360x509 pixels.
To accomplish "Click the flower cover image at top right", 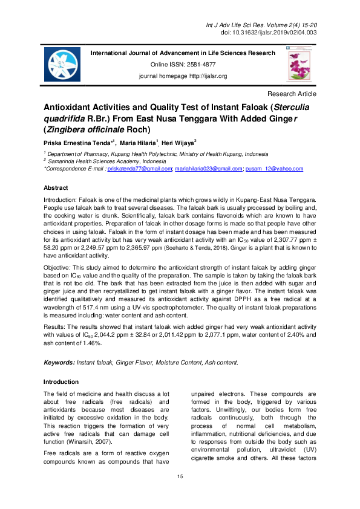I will click(298, 65).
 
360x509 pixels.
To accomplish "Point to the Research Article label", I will click(291, 94).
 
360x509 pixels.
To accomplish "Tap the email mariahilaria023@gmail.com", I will click(207, 170).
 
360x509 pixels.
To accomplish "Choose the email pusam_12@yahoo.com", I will click(273, 170).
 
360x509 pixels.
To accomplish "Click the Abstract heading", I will click(56, 188).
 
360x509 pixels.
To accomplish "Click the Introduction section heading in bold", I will click(61, 382).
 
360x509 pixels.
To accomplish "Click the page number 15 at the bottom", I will click(180, 478).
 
